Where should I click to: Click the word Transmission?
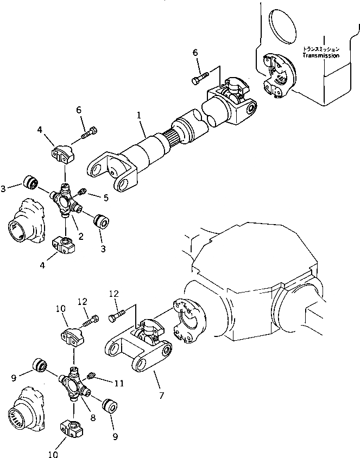[x=321, y=55]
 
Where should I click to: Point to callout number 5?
[x=106, y=199]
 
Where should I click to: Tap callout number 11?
[x=119, y=383]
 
